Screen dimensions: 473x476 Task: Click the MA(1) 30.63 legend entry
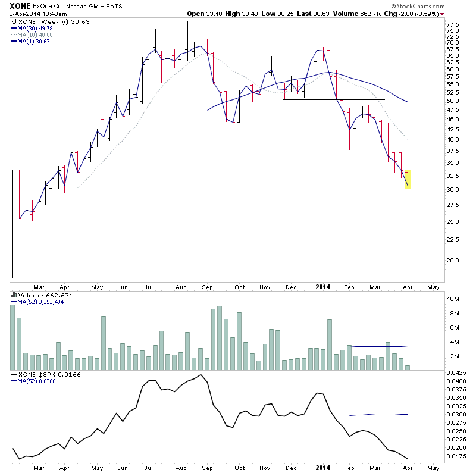click(x=33, y=41)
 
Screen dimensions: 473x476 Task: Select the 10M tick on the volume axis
click(x=455, y=299)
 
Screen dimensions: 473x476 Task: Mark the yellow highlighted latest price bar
click(x=408, y=179)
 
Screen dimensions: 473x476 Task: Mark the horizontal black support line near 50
click(x=333, y=99)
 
